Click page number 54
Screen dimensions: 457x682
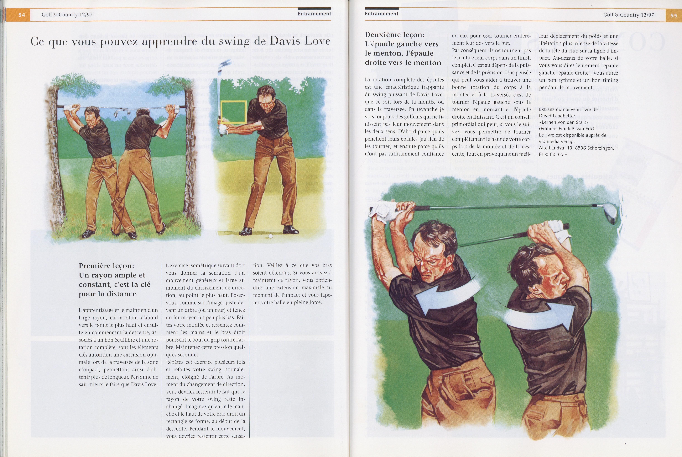click(x=22, y=15)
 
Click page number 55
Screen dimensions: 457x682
click(x=674, y=15)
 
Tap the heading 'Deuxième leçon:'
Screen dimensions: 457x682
click(x=395, y=35)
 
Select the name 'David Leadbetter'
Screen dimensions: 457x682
click(x=557, y=116)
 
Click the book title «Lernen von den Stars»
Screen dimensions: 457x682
click(x=559, y=122)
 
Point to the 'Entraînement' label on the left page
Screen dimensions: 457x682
click(x=315, y=14)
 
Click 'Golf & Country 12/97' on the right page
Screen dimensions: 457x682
click(x=628, y=15)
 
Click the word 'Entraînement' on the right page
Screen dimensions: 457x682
click(x=382, y=14)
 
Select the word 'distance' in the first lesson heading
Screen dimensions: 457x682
click(x=121, y=294)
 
